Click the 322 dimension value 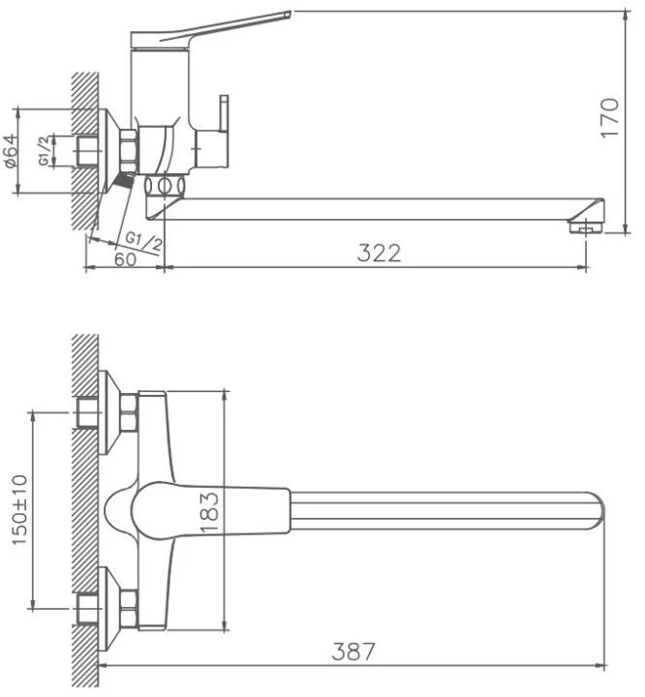[x=379, y=253]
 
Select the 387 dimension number [x=353, y=652]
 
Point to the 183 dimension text [x=209, y=512]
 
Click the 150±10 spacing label [x=19, y=509]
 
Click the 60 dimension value [x=125, y=259]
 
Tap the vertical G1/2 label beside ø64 [x=44, y=151]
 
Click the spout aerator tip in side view [x=586, y=227]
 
